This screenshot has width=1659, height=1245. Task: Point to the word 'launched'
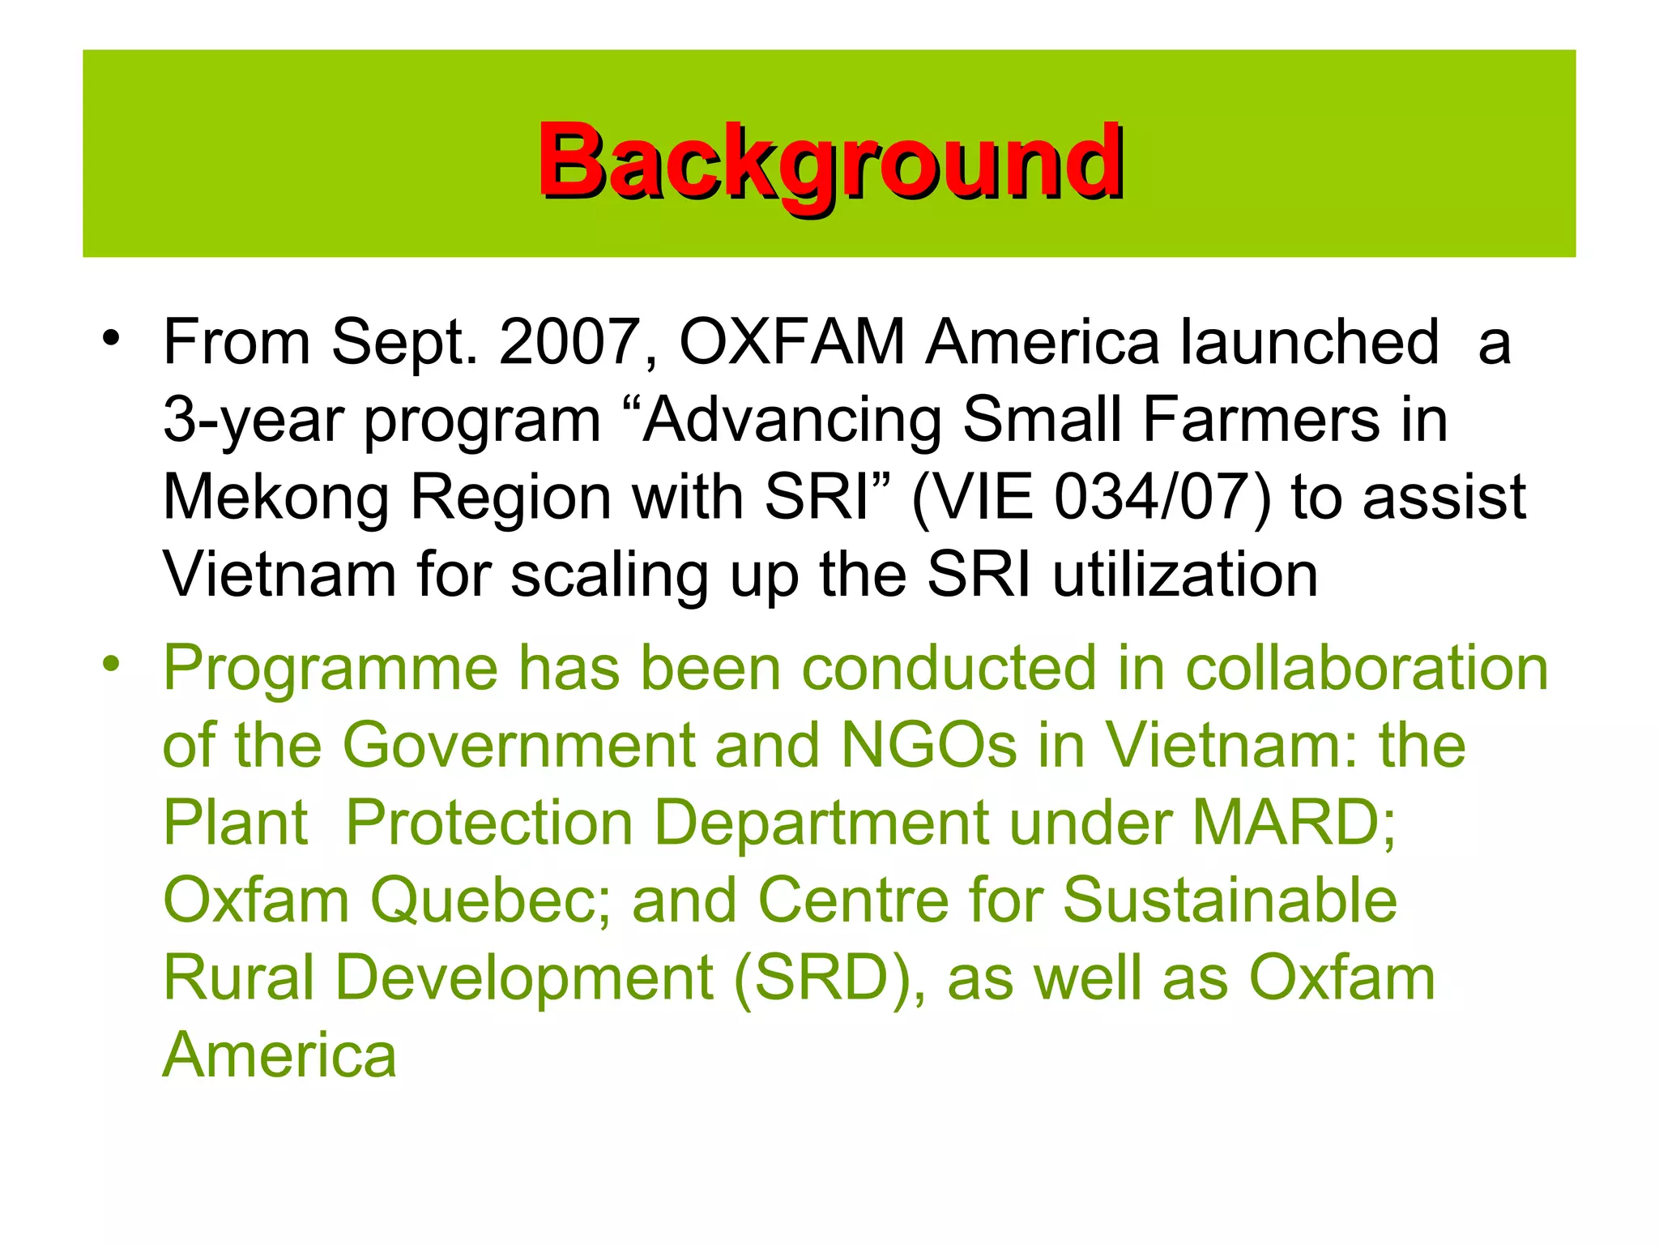[x=1309, y=342]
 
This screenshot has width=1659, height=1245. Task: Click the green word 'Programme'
[x=331, y=669]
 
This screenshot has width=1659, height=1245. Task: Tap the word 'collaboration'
[x=1367, y=669]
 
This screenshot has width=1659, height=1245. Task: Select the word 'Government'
[x=518, y=746]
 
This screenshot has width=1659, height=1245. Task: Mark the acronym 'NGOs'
[x=929, y=746]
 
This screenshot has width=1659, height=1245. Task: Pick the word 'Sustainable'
[x=1230, y=901]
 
